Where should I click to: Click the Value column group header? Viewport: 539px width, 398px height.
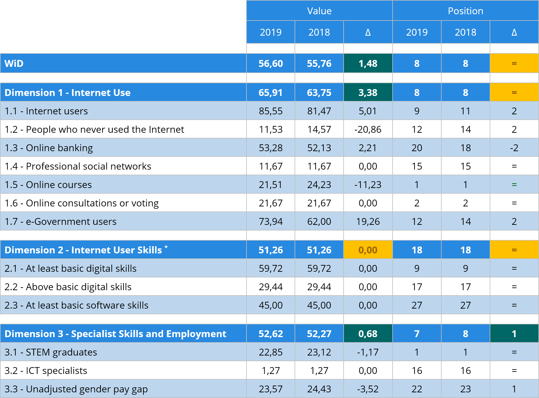click(x=319, y=11)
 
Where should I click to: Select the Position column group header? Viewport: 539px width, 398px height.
click(x=465, y=11)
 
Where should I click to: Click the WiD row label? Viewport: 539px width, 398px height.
click(x=14, y=64)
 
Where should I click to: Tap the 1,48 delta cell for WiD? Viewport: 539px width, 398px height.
click(x=368, y=64)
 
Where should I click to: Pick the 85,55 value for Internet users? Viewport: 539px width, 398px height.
click(x=271, y=111)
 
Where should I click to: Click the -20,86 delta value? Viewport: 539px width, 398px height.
click(x=368, y=129)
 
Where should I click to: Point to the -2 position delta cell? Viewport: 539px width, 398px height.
click(x=514, y=148)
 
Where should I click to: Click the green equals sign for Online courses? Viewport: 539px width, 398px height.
click(x=514, y=185)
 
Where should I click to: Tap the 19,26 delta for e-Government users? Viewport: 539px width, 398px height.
click(x=368, y=222)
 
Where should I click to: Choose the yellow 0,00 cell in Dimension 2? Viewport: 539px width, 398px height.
click(x=368, y=250)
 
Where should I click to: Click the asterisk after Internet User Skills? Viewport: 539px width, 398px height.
click(x=166, y=247)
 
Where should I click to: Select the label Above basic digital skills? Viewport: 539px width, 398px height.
click(x=68, y=287)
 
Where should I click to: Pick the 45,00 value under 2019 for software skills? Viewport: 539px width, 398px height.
click(x=271, y=305)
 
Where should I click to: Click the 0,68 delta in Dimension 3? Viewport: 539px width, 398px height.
click(x=368, y=334)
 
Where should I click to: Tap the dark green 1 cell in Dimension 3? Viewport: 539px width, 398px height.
click(x=514, y=334)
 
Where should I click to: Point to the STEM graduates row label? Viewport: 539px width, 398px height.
click(x=51, y=352)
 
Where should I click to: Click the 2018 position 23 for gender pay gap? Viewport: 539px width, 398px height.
click(x=465, y=389)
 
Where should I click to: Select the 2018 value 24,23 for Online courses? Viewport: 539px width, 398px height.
click(x=319, y=185)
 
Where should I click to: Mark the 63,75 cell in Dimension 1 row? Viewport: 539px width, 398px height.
click(x=319, y=93)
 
